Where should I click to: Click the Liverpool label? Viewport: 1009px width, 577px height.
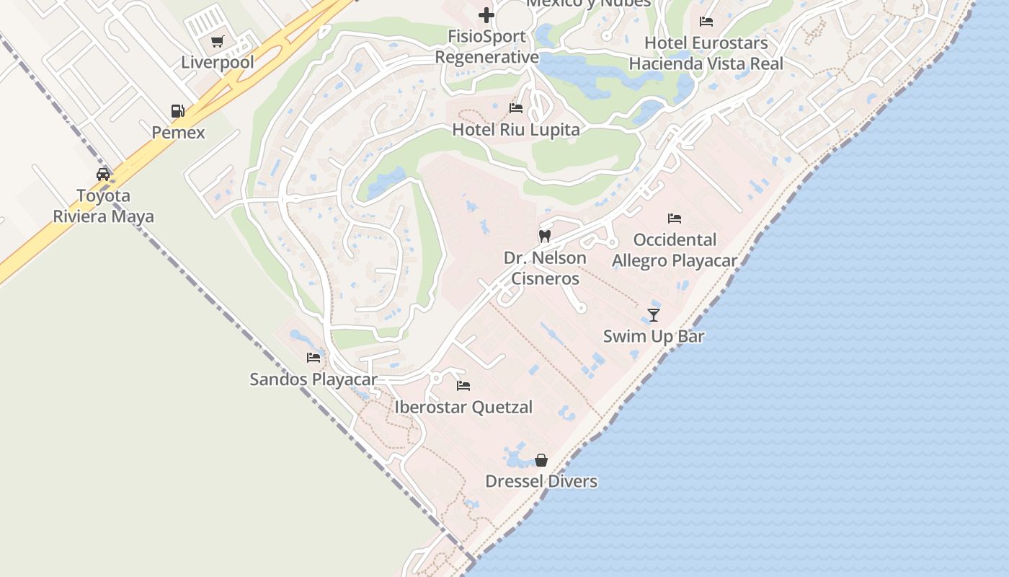(218, 63)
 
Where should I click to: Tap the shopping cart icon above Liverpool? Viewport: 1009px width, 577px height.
(218, 42)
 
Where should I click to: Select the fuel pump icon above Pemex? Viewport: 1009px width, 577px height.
(178, 111)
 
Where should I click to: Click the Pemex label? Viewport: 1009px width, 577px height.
(178, 133)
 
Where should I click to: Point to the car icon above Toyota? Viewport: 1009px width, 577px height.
(103, 175)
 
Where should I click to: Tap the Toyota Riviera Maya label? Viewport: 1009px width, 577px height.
(104, 206)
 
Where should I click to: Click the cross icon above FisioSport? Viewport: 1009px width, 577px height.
(486, 14)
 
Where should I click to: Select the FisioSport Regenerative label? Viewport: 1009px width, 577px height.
(487, 47)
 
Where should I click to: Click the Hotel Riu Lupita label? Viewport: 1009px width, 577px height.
(516, 130)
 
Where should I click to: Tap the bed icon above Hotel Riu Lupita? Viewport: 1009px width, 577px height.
(516, 108)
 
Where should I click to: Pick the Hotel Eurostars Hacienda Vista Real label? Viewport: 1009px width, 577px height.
(706, 53)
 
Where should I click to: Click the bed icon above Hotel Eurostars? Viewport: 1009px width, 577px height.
(706, 22)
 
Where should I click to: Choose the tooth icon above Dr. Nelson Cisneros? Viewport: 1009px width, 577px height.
(545, 236)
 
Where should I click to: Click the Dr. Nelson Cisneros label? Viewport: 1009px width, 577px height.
(545, 268)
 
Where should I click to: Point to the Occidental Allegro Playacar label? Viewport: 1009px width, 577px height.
(675, 250)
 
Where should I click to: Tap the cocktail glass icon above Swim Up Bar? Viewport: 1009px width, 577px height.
(654, 314)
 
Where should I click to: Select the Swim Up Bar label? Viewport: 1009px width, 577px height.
(654, 336)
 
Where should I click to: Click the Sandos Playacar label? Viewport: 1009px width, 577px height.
(314, 379)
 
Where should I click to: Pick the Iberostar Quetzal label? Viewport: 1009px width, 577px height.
(463, 408)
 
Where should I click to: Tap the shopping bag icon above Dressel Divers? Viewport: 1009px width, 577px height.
(541, 460)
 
